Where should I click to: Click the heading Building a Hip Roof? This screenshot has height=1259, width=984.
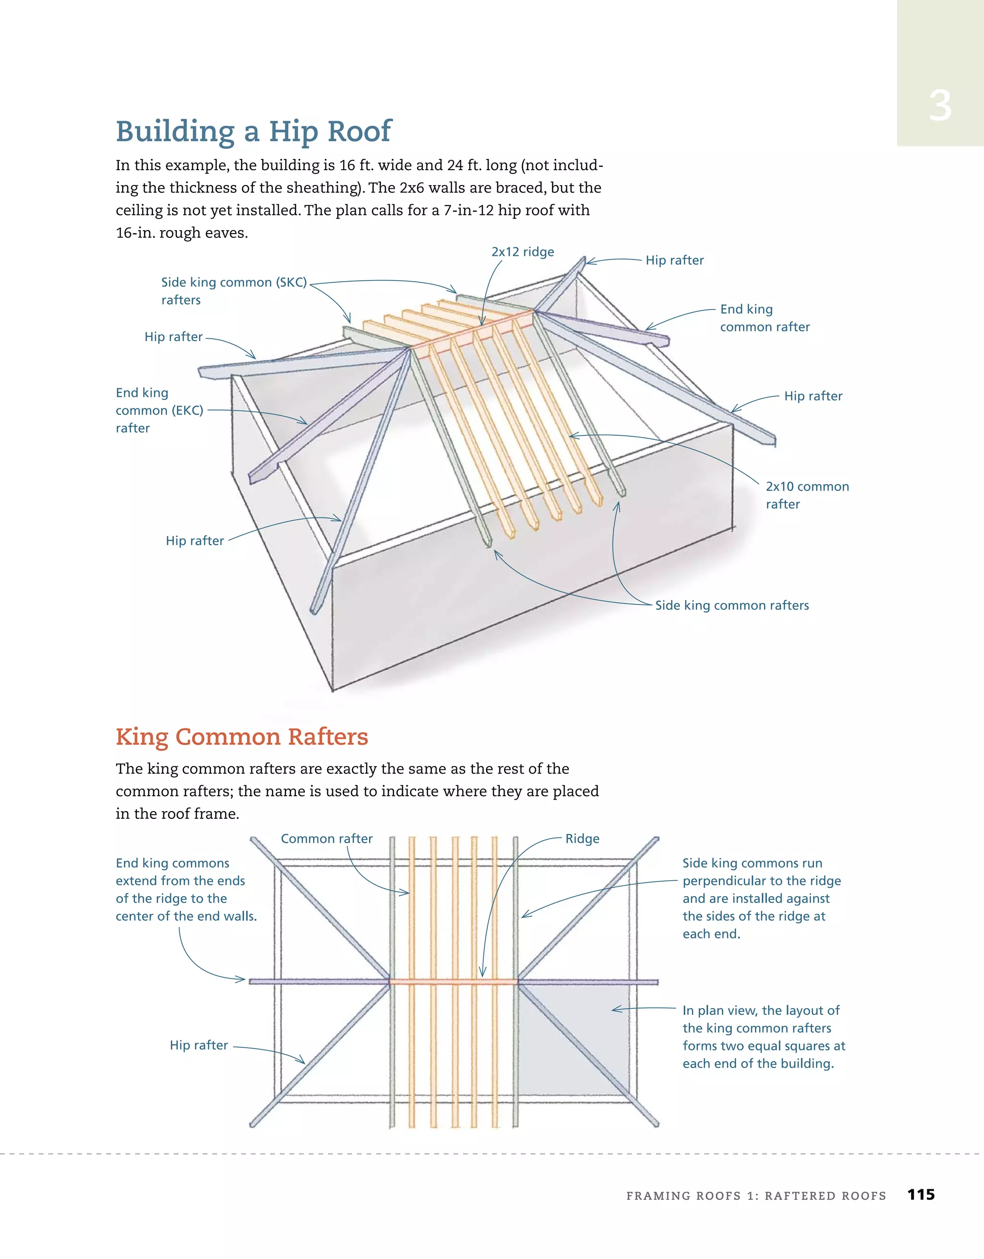pos(253,132)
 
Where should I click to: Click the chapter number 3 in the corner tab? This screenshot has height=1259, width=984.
pos(940,106)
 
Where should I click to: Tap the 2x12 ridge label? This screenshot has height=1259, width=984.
pos(522,252)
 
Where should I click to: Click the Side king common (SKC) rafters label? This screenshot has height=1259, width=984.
pos(233,291)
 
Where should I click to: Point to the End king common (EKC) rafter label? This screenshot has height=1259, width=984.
pos(159,410)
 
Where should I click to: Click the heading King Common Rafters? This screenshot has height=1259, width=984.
pos(242,737)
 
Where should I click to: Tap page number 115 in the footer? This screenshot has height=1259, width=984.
pos(921,1195)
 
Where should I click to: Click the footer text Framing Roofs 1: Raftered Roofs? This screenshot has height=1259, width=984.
pos(756,1196)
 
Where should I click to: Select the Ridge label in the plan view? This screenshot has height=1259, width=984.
pos(582,839)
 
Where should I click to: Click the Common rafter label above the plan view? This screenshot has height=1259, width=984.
pos(326,839)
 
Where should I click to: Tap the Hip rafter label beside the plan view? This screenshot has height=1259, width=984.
pos(199,1045)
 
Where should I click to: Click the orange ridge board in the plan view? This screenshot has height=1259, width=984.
pos(454,981)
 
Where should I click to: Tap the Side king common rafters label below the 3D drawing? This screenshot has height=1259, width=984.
pos(732,605)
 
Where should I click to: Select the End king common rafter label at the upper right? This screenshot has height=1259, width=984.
pos(764,318)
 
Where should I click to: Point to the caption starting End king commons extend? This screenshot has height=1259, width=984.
pos(185,889)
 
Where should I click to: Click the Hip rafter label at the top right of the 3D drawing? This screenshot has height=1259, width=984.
pos(674,260)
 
